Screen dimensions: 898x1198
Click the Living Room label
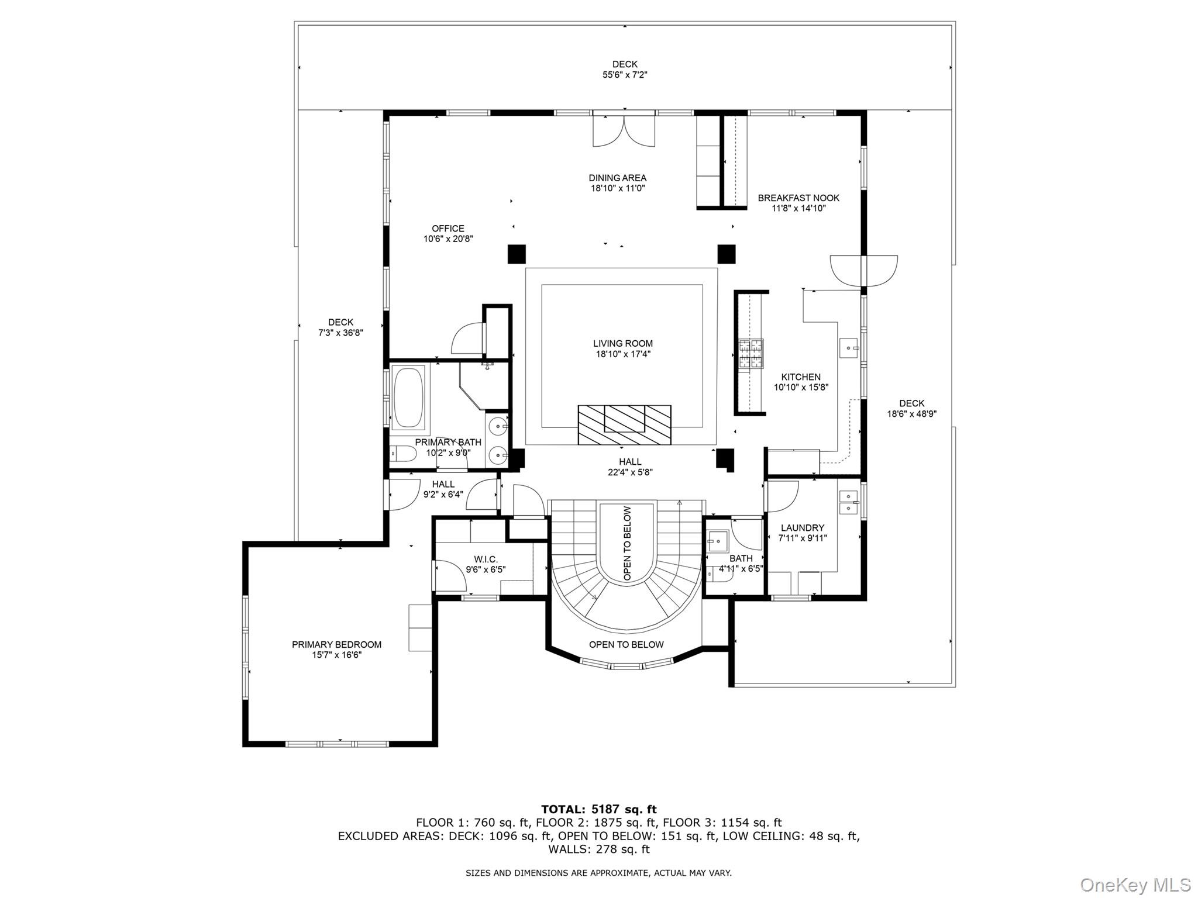[622, 344]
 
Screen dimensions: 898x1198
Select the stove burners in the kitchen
[751, 354]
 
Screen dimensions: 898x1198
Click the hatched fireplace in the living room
[624, 425]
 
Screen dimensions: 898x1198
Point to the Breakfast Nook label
[798, 198]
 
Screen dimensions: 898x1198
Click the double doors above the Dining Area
[624, 131]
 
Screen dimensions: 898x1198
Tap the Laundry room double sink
[848, 502]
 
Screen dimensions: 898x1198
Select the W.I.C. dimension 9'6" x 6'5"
[486, 569]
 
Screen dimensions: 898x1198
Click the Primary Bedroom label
[336, 644]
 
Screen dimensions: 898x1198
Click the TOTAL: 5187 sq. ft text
[598, 809]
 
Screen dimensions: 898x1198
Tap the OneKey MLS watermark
[1135, 885]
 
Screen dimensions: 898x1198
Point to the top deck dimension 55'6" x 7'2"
[625, 75]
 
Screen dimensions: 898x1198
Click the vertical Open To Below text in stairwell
[626, 543]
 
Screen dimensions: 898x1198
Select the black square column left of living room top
[517, 254]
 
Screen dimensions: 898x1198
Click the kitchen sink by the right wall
[849, 348]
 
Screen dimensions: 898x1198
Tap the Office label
[448, 229]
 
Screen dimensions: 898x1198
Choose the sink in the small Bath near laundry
[717, 541]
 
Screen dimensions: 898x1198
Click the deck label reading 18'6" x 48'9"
[911, 414]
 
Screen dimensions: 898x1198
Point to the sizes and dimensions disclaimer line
[598, 873]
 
